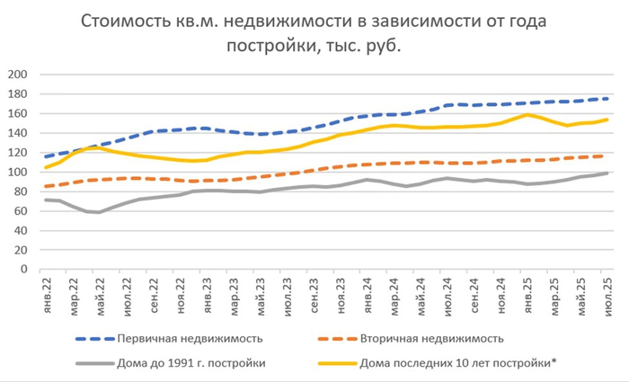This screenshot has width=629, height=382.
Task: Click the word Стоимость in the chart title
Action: tap(127, 20)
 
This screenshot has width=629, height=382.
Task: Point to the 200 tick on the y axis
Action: tap(17, 75)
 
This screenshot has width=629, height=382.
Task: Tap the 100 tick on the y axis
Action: tap(17, 172)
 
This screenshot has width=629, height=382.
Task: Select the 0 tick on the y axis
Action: tap(24, 269)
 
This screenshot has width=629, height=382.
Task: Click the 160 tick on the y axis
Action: tap(17, 113)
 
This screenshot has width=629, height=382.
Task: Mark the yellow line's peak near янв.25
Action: tap(527, 114)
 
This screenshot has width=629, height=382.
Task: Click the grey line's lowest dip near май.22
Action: tap(100, 212)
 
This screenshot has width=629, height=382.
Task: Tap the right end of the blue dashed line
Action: tap(608, 98)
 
